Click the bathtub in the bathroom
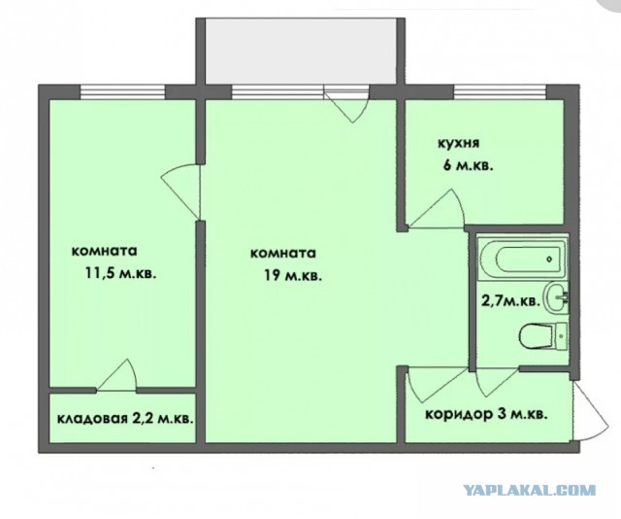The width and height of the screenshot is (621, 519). click(523, 259)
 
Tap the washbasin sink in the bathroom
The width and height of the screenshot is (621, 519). click(557, 297)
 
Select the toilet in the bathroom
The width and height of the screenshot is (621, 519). click(543, 336)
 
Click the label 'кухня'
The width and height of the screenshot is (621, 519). click(458, 143)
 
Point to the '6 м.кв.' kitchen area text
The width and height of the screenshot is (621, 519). click(468, 165)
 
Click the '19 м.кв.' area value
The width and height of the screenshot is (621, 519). click(293, 276)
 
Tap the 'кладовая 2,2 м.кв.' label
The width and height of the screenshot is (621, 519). click(125, 419)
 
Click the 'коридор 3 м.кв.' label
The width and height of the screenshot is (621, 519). click(487, 415)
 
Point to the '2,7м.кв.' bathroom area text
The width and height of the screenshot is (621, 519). click(510, 301)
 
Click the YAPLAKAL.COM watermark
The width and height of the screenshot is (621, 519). click(530, 490)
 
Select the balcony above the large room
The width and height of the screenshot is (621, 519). click(301, 51)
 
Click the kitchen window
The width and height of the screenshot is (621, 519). click(500, 92)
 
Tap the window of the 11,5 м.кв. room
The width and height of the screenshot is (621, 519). click(123, 92)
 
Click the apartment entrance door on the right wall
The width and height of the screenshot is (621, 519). click(591, 410)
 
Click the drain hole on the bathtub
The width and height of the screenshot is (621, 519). click(549, 259)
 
